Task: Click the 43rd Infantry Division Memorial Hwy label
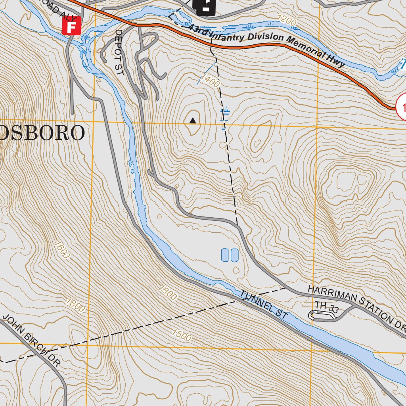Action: pyautogui.click(x=266, y=45)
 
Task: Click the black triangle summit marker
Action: pyautogui.click(x=193, y=121)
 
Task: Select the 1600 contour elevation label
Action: pyautogui.click(x=63, y=250)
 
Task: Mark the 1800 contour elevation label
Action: pyautogui.click(x=75, y=305)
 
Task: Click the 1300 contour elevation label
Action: pyautogui.click(x=168, y=292)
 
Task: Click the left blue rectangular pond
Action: pyautogui.click(x=225, y=255)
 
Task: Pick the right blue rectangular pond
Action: pyautogui.click(x=234, y=255)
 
